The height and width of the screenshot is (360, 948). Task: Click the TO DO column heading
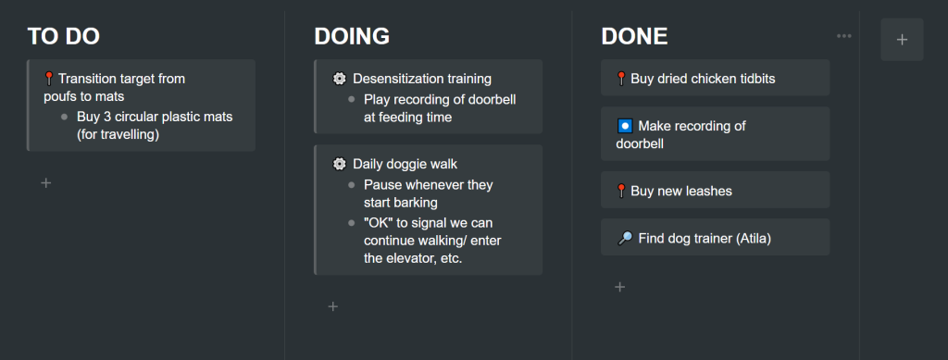[64, 36]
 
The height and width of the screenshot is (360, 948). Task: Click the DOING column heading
[352, 36]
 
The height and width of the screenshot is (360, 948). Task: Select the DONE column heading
[634, 36]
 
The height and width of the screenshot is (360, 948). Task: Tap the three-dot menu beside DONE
[844, 36]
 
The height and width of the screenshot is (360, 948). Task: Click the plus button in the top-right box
[902, 40]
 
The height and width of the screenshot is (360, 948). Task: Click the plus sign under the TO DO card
[46, 182]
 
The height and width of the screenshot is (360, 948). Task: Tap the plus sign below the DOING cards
[332, 306]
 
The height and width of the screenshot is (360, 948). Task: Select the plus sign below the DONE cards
[619, 287]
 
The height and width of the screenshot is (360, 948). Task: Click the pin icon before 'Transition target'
[50, 79]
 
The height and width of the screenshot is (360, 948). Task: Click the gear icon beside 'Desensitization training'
[339, 79]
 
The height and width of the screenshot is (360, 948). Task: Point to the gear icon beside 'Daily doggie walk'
[339, 164]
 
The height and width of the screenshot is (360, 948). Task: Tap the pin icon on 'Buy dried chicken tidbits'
[621, 79]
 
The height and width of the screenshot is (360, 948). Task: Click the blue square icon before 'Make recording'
[625, 126]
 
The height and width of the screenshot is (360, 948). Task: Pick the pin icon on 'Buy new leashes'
[621, 191]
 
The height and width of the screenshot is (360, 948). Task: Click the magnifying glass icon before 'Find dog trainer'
[625, 239]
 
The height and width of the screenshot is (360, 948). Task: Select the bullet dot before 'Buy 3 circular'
[64, 117]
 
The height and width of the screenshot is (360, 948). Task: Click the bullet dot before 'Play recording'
[351, 99]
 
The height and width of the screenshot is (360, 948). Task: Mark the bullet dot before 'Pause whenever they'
[351, 185]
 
